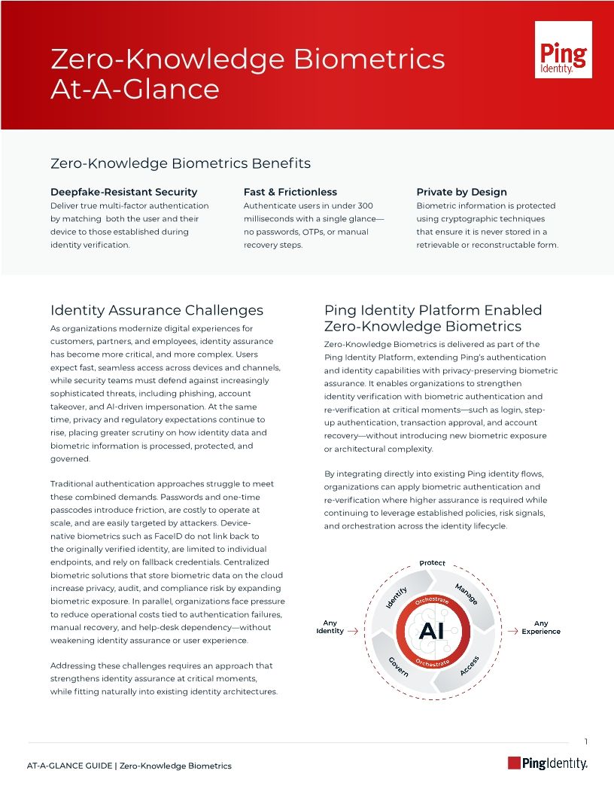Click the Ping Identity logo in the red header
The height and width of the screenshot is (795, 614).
click(563, 50)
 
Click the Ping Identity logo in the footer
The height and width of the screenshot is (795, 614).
click(547, 763)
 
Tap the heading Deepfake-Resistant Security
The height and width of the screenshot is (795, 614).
click(123, 192)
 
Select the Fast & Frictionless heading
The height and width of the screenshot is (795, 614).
click(290, 192)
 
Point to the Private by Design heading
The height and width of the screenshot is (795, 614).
click(461, 192)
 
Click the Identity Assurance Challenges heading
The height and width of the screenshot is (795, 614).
click(157, 310)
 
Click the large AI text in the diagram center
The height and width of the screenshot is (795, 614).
click(432, 632)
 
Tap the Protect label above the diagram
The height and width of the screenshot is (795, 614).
click(433, 563)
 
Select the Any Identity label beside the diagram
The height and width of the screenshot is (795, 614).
click(330, 627)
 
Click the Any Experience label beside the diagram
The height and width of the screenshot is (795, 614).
click(541, 627)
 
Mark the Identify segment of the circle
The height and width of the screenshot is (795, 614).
click(397, 596)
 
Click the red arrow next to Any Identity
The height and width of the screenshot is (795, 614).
click(352, 632)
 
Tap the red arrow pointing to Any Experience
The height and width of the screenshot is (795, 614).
click(512, 632)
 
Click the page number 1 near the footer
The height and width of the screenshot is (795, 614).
click(586, 742)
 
